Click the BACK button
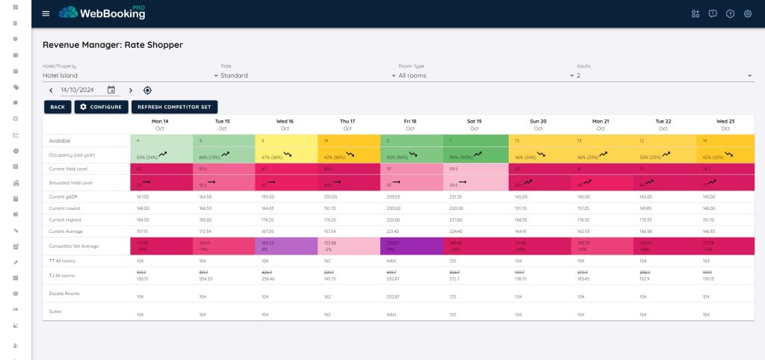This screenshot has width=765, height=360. (57, 107)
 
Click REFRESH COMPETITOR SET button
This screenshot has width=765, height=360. (175, 107)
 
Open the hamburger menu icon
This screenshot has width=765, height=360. (46, 13)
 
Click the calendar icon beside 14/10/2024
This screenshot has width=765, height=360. (111, 90)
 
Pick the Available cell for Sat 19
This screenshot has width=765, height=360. (476, 140)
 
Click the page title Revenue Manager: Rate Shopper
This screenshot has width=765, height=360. (113, 45)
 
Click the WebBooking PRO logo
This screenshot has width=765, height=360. (102, 13)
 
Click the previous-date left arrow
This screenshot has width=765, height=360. (51, 90)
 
